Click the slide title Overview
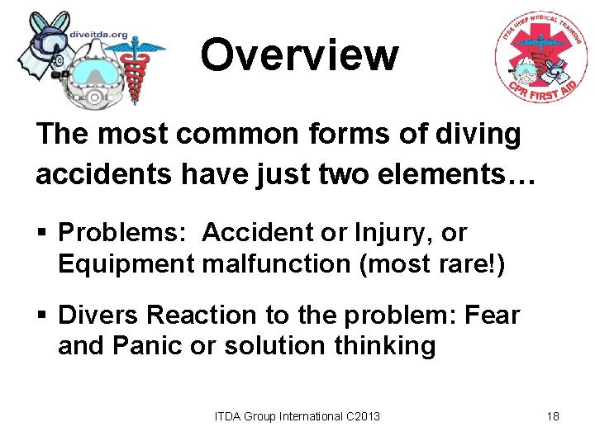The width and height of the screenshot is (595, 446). tap(299, 55)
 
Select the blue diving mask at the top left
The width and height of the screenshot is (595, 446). tap(47, 35)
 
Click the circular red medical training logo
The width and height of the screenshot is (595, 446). tap(540, 58)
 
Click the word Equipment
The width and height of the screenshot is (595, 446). tap(122, 264)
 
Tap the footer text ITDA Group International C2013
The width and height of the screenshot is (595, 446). tap(297, 416)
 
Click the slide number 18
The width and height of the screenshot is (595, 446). tap(553, 416)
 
